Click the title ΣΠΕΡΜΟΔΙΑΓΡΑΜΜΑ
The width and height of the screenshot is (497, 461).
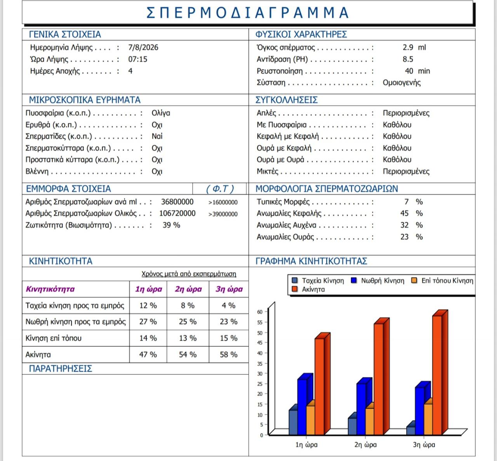(247, 12)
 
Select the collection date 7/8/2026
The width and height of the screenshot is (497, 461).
(143, 47)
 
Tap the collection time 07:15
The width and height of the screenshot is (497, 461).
(137, 59)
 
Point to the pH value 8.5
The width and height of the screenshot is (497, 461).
(408, 59)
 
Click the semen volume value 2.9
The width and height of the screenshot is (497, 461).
(408, 47)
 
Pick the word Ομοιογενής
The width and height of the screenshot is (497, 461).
(401, 83)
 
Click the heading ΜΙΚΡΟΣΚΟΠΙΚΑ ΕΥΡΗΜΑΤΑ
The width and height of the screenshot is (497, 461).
(85, 100)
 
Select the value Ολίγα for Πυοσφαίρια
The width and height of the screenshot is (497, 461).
(161, 113)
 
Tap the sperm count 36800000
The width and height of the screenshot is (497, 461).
(177, 202)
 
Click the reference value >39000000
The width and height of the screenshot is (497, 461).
(223, 214)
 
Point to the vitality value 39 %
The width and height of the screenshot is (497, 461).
(171, 225)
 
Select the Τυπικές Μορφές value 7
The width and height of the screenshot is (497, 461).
(407, 202)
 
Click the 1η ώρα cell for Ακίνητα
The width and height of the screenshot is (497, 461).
(148, 355)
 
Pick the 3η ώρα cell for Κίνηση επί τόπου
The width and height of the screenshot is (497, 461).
(228, 338)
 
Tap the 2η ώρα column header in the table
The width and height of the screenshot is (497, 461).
(188, 289)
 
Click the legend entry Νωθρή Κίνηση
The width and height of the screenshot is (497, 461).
(378, 281)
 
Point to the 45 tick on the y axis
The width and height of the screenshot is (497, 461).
(260, 343)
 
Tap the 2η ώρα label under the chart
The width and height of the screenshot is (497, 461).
(365, 445)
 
